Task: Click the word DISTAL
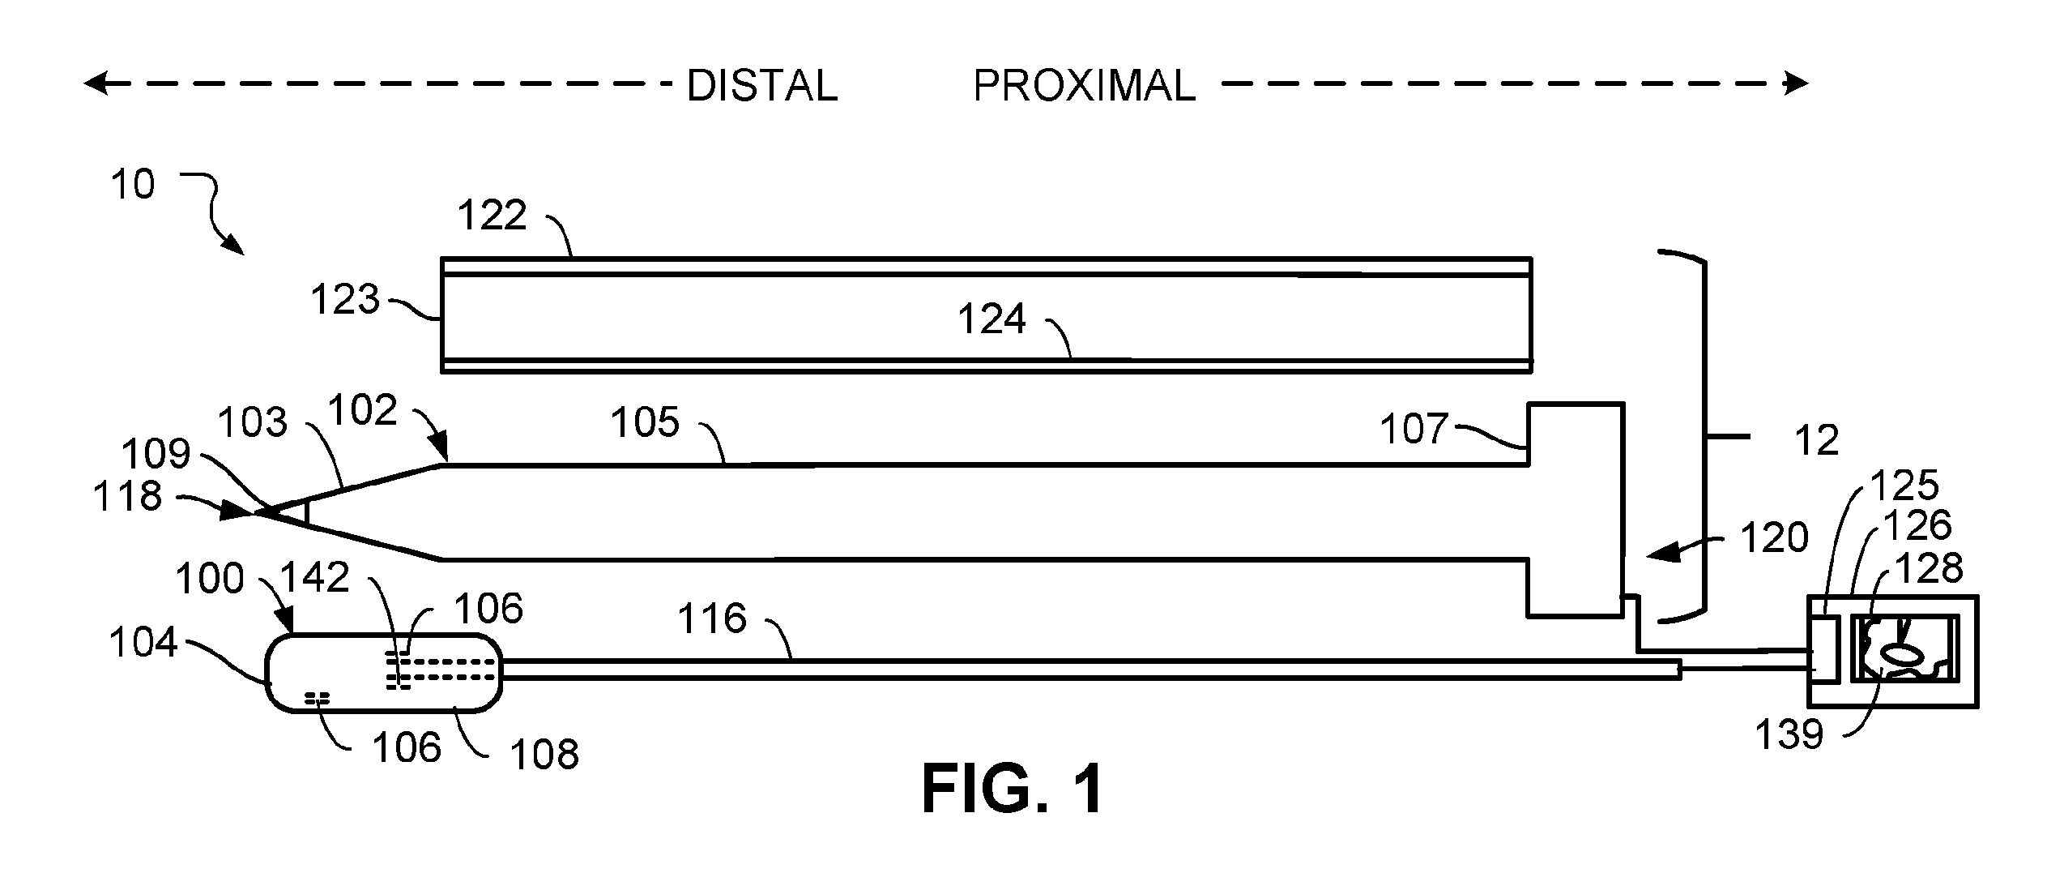[x=761, y=86]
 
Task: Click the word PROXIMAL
[x=1084, y=86]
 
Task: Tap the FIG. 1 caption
[x=1013, y=790]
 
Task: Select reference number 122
[x=492, y=216]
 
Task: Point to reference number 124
[x=991, y=319]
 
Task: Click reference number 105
[x=645, y=423]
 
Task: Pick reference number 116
[x=711, y=618]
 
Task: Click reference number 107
[x=1414, y=429]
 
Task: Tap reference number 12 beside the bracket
[x=1817, y=441]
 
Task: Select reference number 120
[x=1774, y=538]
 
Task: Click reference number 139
[x=1789, y=735]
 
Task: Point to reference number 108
[x=544, y=755]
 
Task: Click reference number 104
[x=143, y=643]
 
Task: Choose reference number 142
[x=314, y=578]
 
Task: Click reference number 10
[x=132, y=185]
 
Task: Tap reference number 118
[x=127, y=496]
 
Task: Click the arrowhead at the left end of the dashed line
[x=96, y=83]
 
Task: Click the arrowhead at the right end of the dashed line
[x=1797, y=83]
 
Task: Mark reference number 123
[x=345, y=300]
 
